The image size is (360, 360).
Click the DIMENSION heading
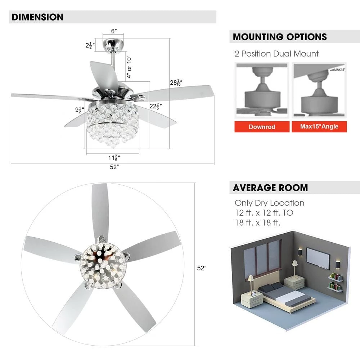37,17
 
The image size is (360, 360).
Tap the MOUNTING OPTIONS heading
280,37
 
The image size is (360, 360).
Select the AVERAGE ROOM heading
270,188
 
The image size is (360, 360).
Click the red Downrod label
262,127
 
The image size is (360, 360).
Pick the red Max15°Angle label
319,127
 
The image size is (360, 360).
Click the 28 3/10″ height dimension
176,82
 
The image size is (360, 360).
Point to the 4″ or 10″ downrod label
129,67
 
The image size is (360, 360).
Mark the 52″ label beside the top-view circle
202,268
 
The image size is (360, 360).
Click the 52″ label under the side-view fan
114,167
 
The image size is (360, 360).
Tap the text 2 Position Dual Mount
276,54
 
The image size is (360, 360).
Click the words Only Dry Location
269,203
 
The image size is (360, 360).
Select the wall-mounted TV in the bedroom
318,258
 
